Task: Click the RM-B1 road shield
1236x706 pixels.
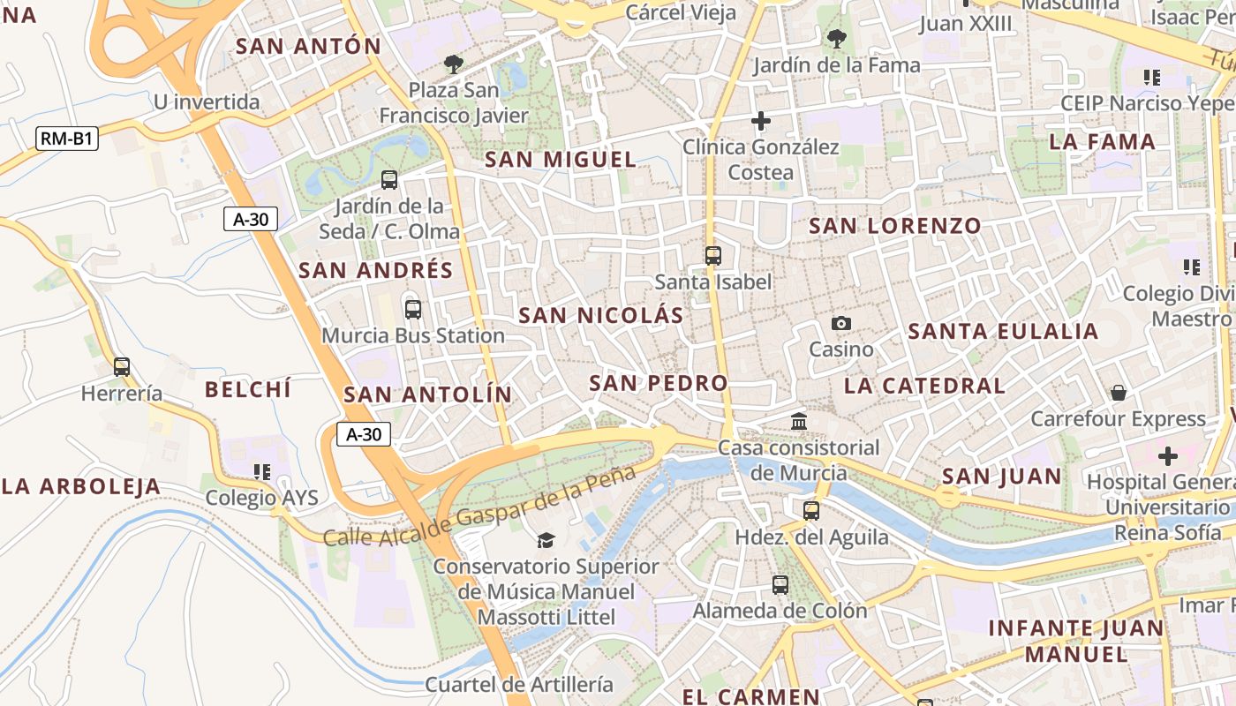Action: click(66, 139)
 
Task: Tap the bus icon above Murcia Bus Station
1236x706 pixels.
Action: click(412, 310)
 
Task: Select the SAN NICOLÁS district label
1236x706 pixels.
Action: click(601, 315)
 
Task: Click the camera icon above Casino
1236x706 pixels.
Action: click(841, 324)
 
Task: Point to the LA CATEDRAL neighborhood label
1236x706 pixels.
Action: click(924, 386)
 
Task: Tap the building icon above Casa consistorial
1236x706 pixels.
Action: click(799, 422)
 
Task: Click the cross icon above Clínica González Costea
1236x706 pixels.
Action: click(761, 121)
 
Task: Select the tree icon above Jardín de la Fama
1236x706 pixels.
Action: click(836, 39)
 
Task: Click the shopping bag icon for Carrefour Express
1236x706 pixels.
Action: click(1119, 393)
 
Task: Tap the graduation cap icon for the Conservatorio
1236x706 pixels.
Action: click(546, 540)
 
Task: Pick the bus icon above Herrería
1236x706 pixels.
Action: click(122, 367)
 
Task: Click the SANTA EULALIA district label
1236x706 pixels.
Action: click(1003, 332)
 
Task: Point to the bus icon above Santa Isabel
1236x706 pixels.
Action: click(713, 256)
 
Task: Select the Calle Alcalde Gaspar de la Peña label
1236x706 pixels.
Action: click(479, 506)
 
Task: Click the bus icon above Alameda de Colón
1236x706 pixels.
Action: click(780, 584)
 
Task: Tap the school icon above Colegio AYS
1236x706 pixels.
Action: click(261, 472)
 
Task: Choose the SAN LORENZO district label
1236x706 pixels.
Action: click(895, 226)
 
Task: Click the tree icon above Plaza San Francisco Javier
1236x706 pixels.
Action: click(454, 64)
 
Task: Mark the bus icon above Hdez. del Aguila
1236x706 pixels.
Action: click(811, 510)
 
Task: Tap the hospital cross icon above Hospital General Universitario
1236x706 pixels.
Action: click(1168, 456)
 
